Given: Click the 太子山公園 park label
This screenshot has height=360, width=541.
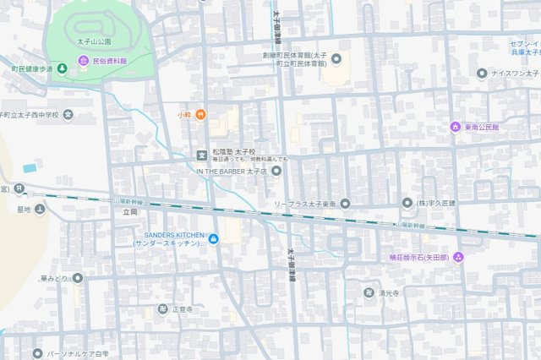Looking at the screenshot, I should [x=94, y=40].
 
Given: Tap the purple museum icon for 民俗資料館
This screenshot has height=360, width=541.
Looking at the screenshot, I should [x=83, y=61].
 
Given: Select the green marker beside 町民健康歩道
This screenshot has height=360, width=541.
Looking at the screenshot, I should [x=61, y=68].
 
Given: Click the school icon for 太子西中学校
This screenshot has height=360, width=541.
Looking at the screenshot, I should [x=68, y=114].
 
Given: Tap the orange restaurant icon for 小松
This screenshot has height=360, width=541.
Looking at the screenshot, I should [x=200, y=114].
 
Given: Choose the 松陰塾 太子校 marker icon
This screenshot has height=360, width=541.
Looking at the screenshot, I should [x=201, y=154].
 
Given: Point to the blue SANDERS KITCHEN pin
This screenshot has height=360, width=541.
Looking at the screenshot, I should [x=213, y=239].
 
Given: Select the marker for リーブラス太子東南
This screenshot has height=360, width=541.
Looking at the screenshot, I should [x=344, y=204].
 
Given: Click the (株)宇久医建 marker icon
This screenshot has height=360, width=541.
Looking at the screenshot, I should [x=407, y=204].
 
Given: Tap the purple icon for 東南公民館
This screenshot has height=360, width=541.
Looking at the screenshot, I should [x=455, y=127].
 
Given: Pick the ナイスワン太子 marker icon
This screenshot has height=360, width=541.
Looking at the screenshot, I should [x=482, y=74].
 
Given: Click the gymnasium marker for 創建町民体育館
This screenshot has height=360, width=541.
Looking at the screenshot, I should [x=336, y=58].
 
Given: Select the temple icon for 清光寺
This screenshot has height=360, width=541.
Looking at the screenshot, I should [x=369, y=292].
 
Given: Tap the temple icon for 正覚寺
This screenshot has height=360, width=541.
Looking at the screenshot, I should [x=162, y=309].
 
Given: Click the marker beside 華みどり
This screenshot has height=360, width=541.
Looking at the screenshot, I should [x=77, y=277].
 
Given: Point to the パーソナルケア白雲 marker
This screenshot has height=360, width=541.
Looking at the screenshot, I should [x=36, y=353].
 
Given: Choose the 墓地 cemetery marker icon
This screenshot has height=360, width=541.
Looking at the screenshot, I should [x=40, y=209].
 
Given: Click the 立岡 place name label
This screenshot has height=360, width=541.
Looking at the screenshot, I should [x=128, y=211].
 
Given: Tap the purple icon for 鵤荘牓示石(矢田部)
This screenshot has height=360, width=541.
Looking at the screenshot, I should [x=458, y=257].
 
